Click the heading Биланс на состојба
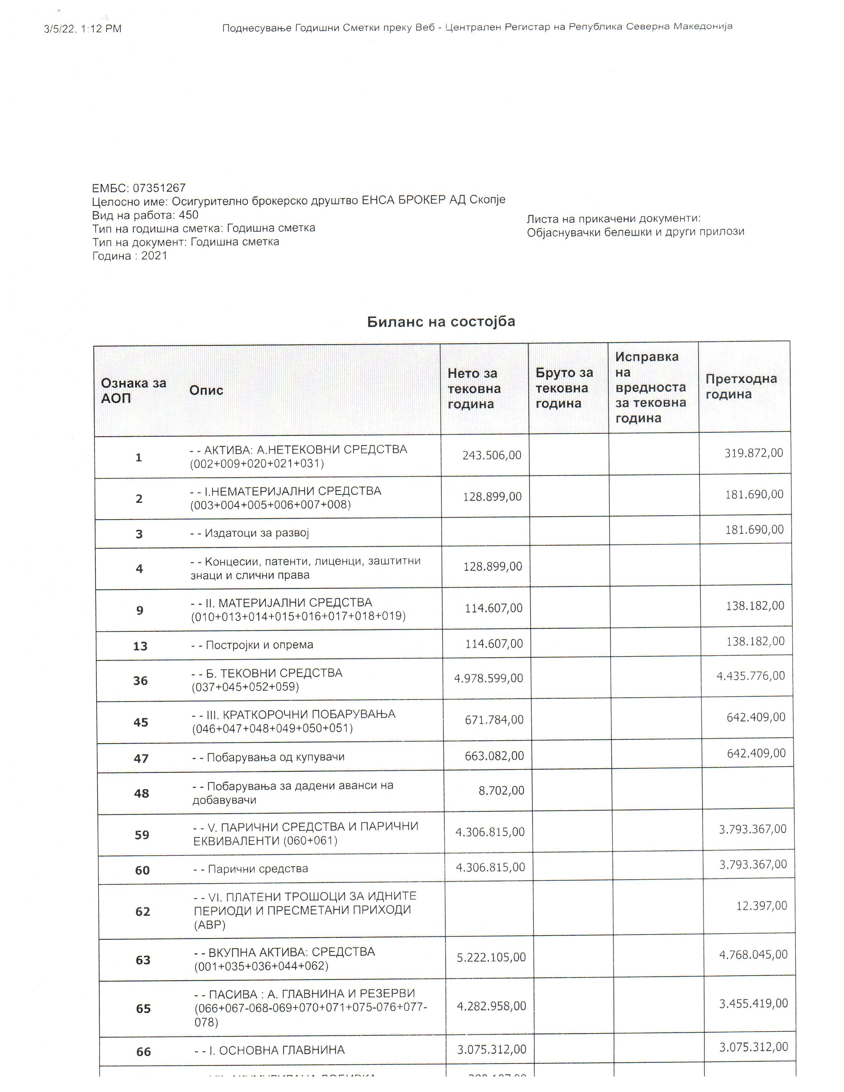point(441,322)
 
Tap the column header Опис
point(206,390)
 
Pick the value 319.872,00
point(754,453)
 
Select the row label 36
point(140,680)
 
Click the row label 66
point(144,1052)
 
